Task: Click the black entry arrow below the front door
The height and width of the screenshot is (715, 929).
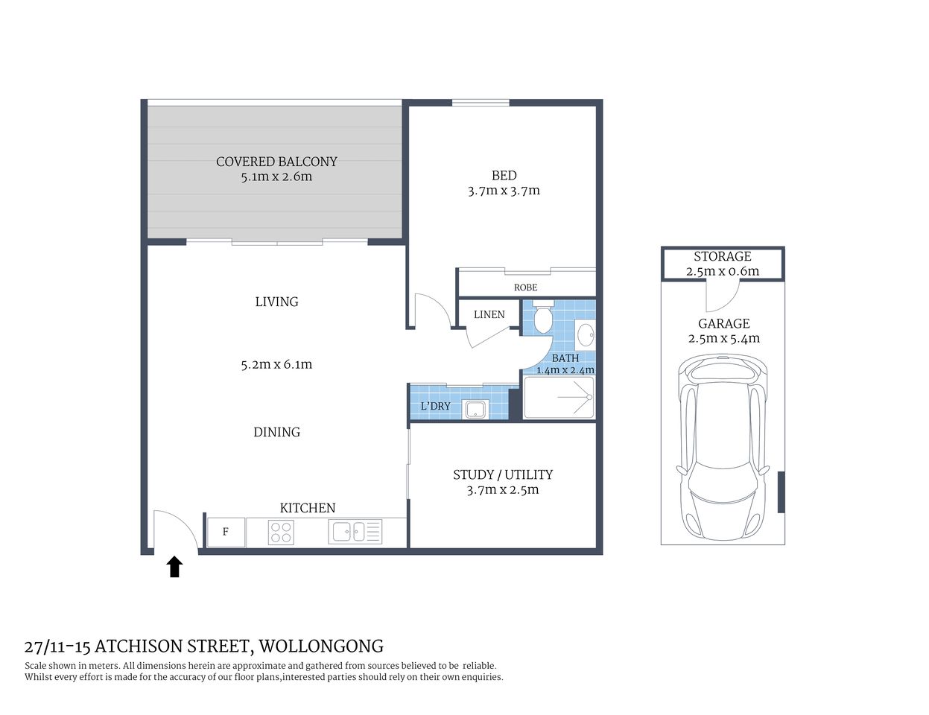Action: point(174,568)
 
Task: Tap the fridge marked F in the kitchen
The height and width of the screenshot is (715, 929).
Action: point(226,533)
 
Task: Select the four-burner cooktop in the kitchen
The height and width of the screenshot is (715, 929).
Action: point(281,533)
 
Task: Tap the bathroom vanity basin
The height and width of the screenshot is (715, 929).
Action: point(586,334)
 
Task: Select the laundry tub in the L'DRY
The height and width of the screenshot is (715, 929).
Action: point(475,409)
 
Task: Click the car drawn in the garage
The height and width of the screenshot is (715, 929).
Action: point(722,447)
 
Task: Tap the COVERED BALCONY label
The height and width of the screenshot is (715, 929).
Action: point(276,162)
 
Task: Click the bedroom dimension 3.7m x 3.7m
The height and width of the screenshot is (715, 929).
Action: point(504,191)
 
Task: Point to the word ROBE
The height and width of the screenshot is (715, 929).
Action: point(525,287)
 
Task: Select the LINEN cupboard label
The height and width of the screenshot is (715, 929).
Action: point(489,314)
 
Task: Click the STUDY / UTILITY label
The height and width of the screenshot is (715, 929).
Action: point(503,474)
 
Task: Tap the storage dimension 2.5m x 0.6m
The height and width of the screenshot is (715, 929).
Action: point(722,271)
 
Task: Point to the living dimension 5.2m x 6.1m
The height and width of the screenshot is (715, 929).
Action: point(276,365)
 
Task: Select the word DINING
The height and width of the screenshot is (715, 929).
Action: point(276,432)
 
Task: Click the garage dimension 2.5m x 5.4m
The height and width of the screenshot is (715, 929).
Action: point(723,339)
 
